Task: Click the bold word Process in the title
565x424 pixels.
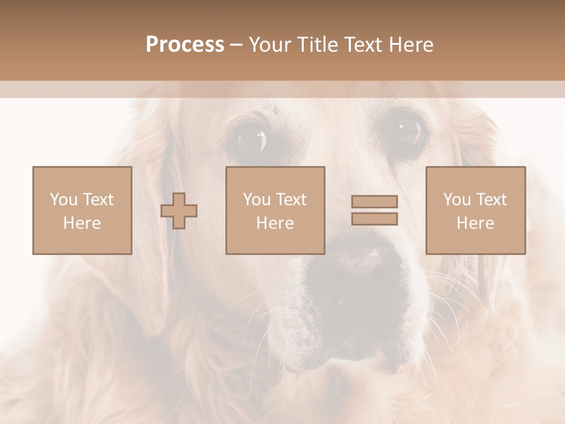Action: click(x=185, y=45)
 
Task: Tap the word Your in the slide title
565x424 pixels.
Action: click(x=270, y=45)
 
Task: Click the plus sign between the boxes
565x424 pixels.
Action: click(x=179, y=211)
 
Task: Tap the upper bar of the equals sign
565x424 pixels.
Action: click(x=374, y=201)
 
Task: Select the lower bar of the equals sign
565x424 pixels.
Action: click(x=374, y=219)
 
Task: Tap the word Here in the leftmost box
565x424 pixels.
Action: click(x=82, y=223)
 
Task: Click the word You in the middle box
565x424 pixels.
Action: click(x=257, y=200)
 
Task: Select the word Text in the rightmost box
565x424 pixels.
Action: click(x=491, y=200)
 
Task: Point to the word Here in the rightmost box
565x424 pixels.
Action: click(x=476, y=223)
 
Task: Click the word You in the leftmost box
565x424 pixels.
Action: click(x=64, y=200)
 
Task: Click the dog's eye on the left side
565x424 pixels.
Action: click(x=250, y=139)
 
